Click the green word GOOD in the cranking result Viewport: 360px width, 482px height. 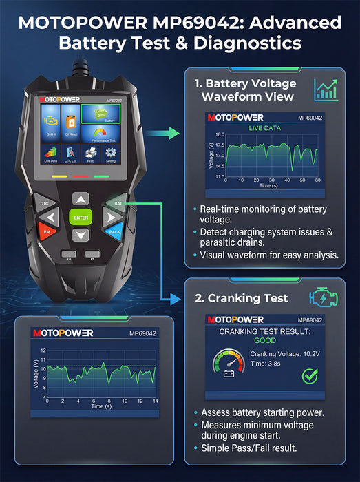tap(265, 340)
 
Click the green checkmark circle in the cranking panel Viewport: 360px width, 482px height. tap(310, 376)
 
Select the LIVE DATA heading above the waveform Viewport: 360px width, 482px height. tap(265, 128)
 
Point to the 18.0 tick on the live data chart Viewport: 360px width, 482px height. tap(220, 135)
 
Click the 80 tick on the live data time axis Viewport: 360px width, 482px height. tap(317, 180)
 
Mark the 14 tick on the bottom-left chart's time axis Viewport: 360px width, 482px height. tap(156, 401)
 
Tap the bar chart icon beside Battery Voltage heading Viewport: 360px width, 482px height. tap(326, 90)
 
